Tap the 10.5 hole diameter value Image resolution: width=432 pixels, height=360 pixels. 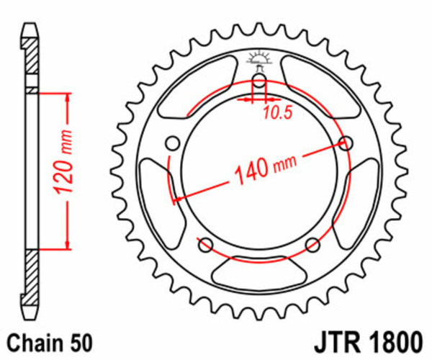(x=277, y=113)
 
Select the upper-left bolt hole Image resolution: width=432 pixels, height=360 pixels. (x=173, y=142)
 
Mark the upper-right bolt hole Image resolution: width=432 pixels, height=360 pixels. (x=346, y=143)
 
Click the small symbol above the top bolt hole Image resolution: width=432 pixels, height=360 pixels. (x=259, y=59)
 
